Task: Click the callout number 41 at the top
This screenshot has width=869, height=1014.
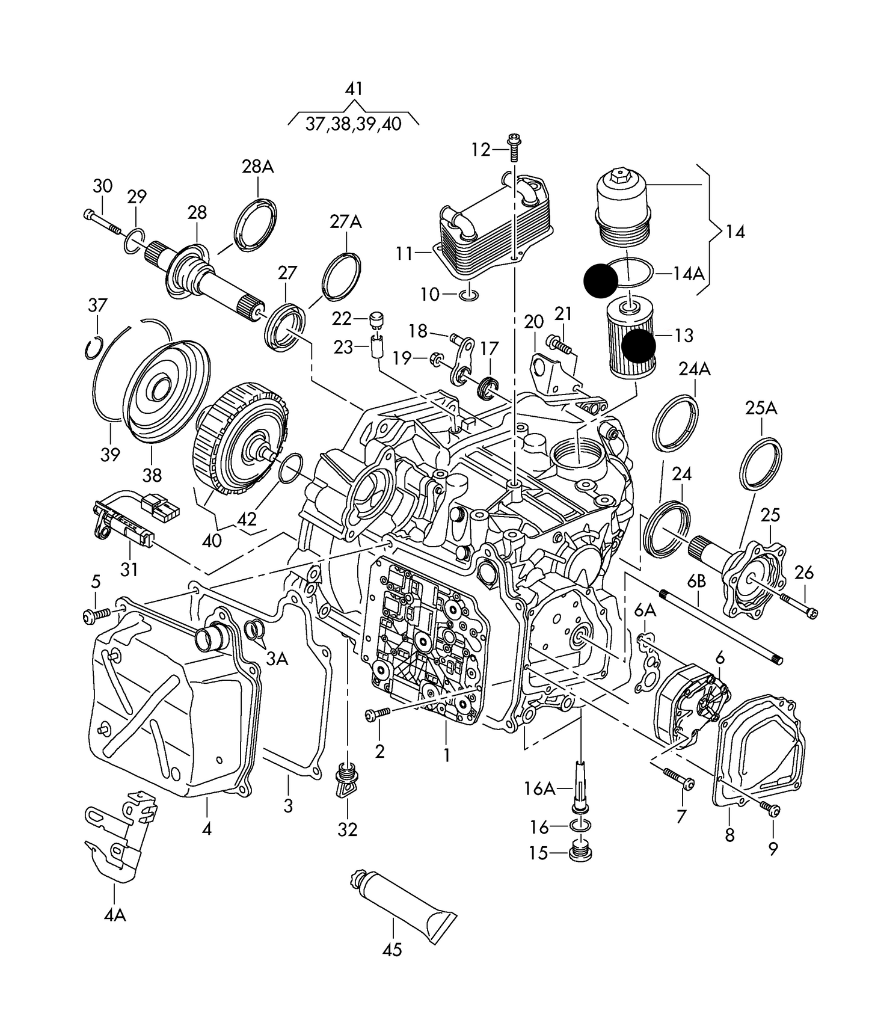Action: coord(354,89)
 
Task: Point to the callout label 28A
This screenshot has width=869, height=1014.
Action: coord(258,167)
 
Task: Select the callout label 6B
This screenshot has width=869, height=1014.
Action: coord(696,581)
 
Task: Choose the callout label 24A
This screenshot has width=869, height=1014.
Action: coord(695,369)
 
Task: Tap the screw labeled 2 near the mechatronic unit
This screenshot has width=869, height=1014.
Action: coord(377,713)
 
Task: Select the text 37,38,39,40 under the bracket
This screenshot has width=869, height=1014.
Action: coord(353,124)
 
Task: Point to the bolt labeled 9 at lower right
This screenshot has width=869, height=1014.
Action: coord(770,808)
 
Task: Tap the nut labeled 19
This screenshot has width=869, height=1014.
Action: coord(435,359)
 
